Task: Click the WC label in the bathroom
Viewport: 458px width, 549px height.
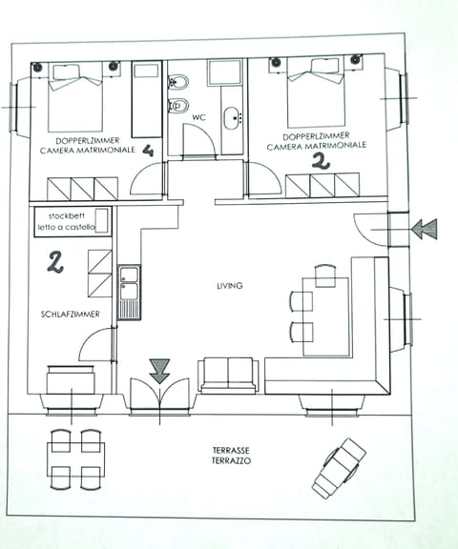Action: pyautogui.click(x=198, y=118)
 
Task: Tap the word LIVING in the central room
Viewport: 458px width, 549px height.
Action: pyautogui.click(x=230, y=285)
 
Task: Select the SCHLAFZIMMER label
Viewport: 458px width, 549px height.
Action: pyautogui.click(x=67, y=314)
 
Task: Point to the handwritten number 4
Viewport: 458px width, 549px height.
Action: pyautogui.click(x=148, y=150)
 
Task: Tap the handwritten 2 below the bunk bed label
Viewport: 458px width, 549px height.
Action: pyautogui.click(x=55, y=261)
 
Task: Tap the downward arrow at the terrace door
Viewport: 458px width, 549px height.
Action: pyautogui.click(x=159, y=370)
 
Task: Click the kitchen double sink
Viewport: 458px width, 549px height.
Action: pyautogui.click(x=129, y=283)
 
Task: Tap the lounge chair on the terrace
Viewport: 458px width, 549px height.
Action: pyautogui.click(x=339, y=467)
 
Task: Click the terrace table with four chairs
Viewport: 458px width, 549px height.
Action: pyautogui.click(x=75, y=458)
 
